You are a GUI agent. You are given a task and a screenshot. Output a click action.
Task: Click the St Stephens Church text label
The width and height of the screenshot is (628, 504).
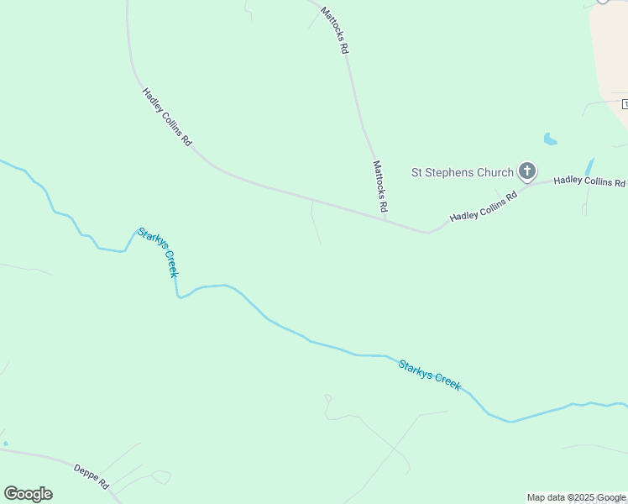tap(461, 173)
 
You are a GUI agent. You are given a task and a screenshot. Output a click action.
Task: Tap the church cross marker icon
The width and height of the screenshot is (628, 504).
tap(526, 172)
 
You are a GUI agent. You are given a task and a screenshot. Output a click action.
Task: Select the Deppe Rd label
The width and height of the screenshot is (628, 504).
tap(92, 476)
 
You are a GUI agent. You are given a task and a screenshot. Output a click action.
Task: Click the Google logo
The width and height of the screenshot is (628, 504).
tap(28, 494)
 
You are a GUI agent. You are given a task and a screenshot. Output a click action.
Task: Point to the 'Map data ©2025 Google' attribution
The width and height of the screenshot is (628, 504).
tap(576, 498)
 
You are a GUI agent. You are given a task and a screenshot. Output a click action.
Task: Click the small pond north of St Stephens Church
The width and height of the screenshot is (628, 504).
tap(550, 139)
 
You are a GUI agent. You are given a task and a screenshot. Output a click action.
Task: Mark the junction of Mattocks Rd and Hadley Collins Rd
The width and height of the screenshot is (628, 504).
tap(386, 221)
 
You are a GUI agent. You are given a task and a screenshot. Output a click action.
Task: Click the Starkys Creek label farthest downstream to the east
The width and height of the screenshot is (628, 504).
tap(429, 375)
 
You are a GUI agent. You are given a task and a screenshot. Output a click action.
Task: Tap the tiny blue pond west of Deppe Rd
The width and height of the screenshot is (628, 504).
tap(5, 444)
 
